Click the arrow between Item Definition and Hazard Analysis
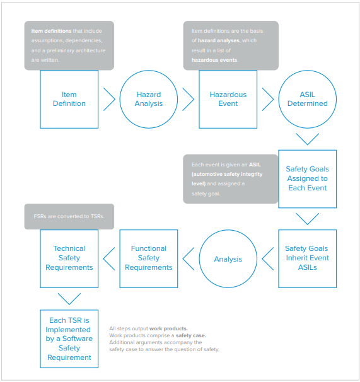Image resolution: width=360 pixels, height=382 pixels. click(115, 100)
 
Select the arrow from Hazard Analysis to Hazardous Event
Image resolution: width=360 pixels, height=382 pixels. click(194, 100)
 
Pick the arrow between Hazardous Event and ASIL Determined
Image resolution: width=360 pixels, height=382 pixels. click(273, 100)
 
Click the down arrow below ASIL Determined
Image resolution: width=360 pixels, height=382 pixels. click(307, 144)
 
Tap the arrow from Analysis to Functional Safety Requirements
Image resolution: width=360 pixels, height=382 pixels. click(183, 258)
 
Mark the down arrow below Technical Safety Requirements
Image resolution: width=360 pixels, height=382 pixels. click(69, 304)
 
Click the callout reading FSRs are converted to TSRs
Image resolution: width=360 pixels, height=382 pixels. click(69, 216)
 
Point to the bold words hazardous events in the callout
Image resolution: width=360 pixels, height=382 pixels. click(214, 60)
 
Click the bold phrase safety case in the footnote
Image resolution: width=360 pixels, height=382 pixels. click(190, 335)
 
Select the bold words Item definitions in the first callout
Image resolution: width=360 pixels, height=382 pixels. click(51, 31)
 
